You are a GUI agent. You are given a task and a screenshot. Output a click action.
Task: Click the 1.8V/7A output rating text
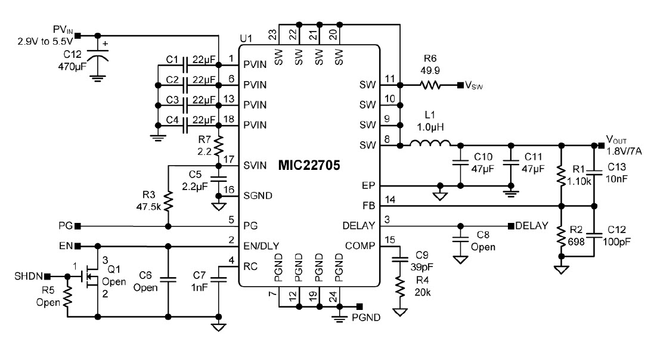pos(624,151)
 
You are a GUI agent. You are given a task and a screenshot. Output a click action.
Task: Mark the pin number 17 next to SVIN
pos(227,159)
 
